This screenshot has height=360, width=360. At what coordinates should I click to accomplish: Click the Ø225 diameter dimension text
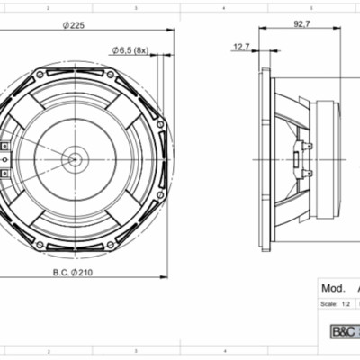(x=75, y=26)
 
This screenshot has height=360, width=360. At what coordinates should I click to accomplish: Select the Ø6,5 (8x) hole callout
(x=130, y=50)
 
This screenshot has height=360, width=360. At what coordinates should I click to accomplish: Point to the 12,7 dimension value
(x=241, y=46)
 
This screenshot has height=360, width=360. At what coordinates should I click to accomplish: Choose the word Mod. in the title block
(x=331, y=289)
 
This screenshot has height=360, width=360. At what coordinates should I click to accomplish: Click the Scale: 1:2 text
(x=336, y=304)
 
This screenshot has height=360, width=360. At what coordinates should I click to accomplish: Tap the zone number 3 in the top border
(x=135, y=6)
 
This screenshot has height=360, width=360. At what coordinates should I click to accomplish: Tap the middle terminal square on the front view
(x=4, y=160)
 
